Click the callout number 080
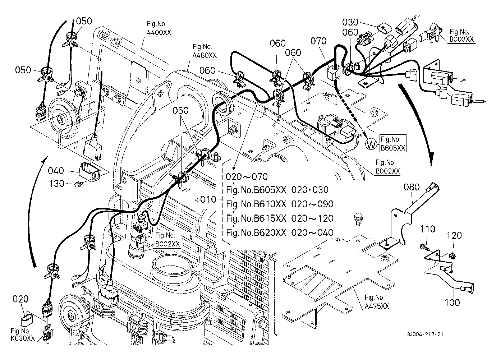coord(412,187)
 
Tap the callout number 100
coord(452,303)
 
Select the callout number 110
coord(427,229)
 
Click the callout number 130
coord(56,184)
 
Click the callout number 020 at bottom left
coord(21,299)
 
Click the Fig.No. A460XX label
coord(205,51)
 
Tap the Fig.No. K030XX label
coord(20,334)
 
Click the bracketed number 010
coord(207,199)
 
